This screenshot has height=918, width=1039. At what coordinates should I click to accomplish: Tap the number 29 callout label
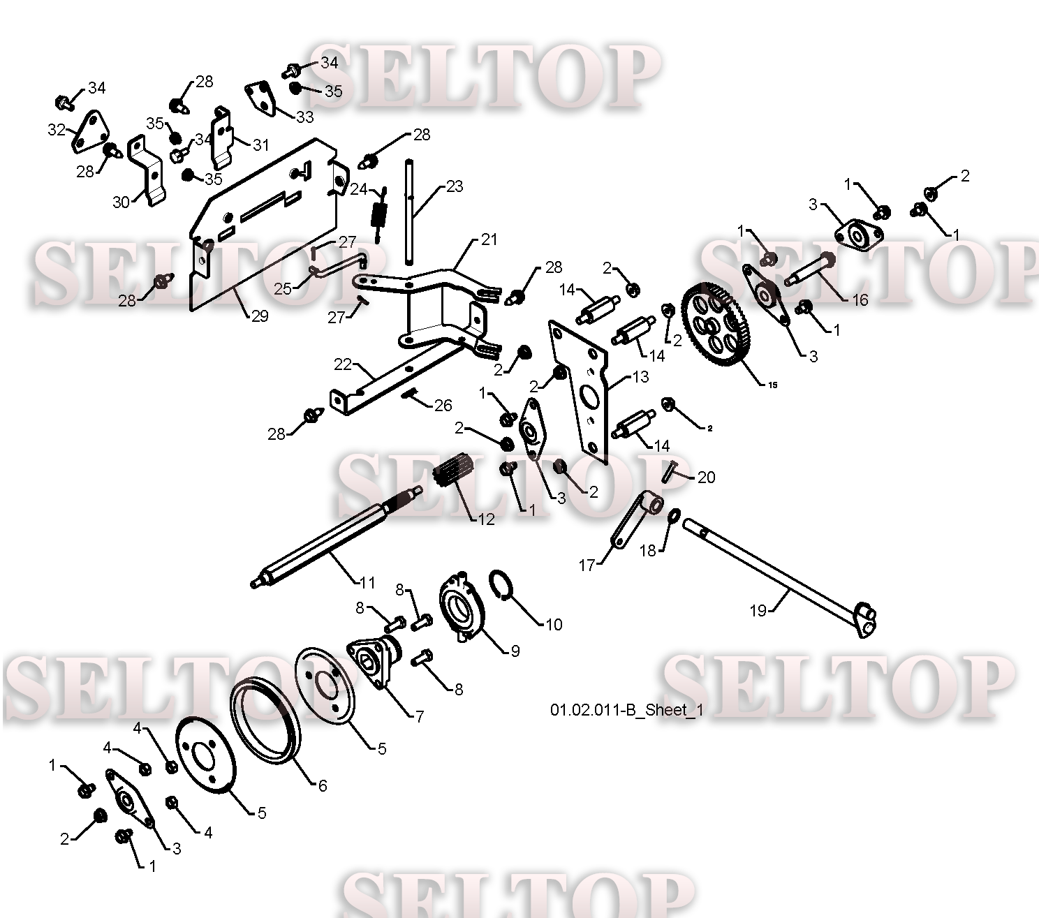click(x=260, y=316)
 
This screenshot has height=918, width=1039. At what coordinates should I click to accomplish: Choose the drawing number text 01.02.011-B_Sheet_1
click(x=627, y=710)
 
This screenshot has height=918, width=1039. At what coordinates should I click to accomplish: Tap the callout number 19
click(x=758, y=610)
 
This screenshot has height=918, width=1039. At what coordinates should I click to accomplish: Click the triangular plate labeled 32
click(x=89, y=132)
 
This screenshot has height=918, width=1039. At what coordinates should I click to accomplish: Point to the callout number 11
click(x=367, y=583)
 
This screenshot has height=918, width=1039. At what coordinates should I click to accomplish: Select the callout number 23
click(x=455, y=186)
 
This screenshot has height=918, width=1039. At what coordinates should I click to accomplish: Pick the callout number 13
click(x=641, y=377)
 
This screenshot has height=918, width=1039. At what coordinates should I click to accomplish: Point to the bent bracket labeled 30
click(x=147, y=169)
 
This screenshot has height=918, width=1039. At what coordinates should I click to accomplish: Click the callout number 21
click(x=489, y=239)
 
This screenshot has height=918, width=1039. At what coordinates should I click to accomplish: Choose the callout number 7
click(x=420, y=716)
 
